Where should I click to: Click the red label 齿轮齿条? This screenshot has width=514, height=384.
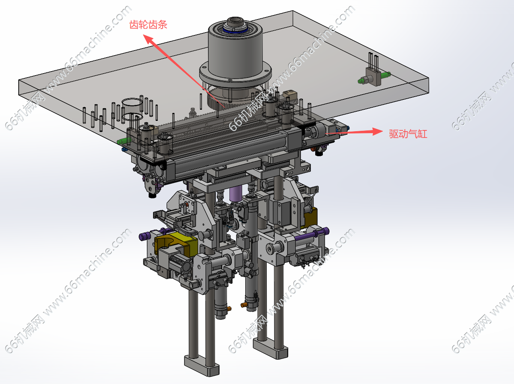148,25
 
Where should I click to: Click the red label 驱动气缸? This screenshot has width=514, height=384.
408,134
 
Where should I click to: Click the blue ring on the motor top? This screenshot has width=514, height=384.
235,31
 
